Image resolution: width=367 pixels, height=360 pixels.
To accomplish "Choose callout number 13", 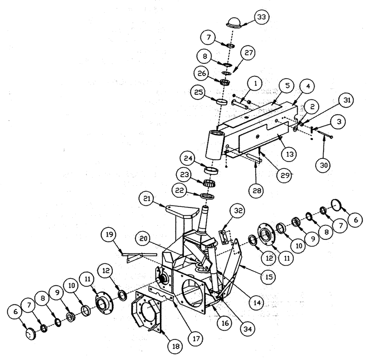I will point(290,154).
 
